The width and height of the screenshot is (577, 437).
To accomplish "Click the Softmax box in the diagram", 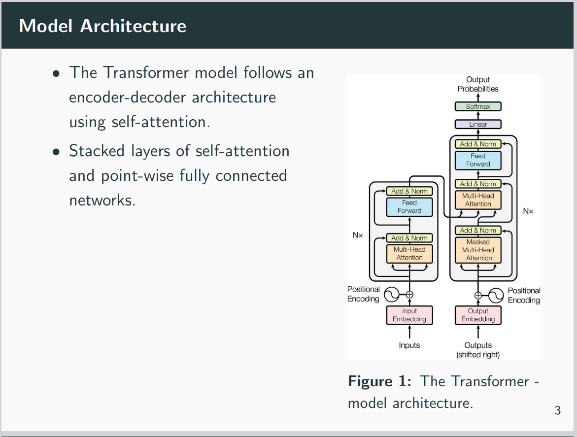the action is (x=478, y=106).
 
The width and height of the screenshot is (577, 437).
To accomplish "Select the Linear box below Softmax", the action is (x=478, y=124).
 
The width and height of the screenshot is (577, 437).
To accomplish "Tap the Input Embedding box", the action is (x=409, y=315).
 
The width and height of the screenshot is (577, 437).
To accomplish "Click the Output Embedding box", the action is (x=478, y=315).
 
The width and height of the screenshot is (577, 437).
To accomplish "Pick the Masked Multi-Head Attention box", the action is (x=478, y=250).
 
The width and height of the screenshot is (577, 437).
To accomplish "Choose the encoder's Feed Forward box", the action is (x=409, y=207).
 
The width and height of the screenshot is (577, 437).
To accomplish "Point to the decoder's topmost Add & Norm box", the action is (x=478, y=144).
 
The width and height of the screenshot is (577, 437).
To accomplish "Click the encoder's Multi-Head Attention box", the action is (x=409, y=253).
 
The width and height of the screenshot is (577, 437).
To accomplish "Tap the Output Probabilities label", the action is (x=478, y=84).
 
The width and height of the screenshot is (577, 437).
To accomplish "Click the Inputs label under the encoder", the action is (x=409, y=345).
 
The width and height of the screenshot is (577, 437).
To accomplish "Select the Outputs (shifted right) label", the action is (x=478, y=350).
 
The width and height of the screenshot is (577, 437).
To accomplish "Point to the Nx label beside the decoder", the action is (x=528, y=211).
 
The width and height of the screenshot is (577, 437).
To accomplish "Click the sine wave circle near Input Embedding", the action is (x=392, y=294).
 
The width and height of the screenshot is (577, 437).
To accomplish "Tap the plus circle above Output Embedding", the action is (x=478, y=296).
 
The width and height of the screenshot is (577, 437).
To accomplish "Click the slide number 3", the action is (x=557, y=410).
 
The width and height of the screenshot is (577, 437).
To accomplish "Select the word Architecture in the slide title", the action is (x=133, y=26).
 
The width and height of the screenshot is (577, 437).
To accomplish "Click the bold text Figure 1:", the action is (x=380, y=381).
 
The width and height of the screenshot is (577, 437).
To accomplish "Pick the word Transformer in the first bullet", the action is (x=146, y=72).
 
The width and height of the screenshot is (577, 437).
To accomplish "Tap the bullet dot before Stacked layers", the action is (x=56, y=152).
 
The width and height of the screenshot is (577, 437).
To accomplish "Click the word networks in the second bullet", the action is (x=102, y=200).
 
